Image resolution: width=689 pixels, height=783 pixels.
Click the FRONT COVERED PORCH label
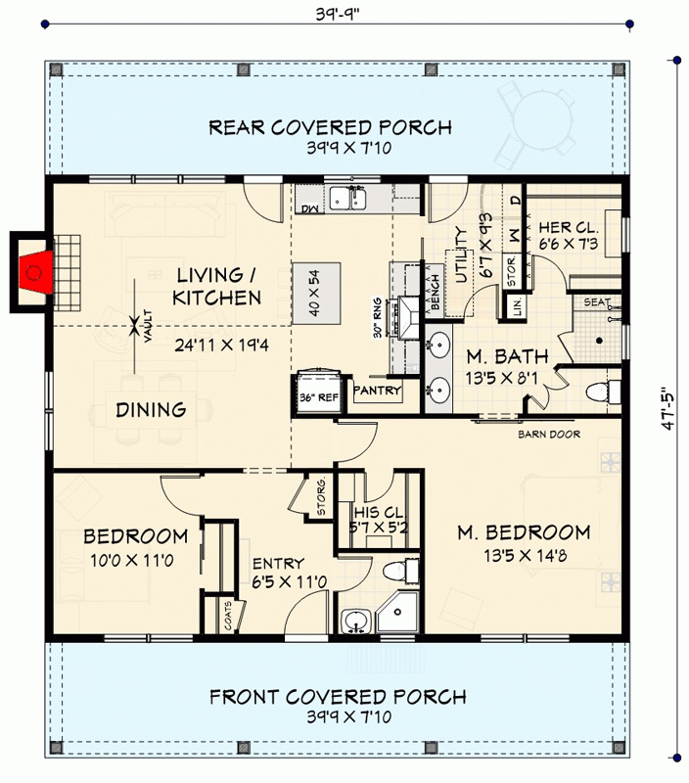(x=337, y=697)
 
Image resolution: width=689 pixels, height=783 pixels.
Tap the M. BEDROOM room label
(x=525, y=533)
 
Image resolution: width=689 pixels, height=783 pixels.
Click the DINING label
(x=151, y=410)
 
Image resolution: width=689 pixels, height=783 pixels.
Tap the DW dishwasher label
(x=310, y=208)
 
